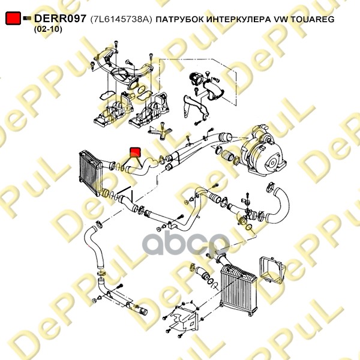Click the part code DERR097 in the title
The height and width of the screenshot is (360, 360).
pyautogui.click(x=60, y=19)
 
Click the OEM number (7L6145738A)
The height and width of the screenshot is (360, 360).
pyautogui.click(x=121, y=19)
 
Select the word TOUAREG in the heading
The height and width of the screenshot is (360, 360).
pyautogui.click(x=312, y=19)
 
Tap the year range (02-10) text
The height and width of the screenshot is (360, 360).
pyautogui.click(x=48, y=29)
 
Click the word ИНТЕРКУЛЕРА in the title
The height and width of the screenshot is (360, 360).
pyautogui.click(x=239, y=20)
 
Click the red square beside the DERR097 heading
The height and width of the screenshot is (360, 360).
pyautogui.click(x=13, y=18)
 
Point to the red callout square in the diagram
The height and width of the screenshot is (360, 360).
pyautogui.click(x=135, y=152)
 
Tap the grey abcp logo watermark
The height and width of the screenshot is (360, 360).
pyautogui.click(x=186, y=243)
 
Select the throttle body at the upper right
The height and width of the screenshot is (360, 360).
pyautogui.click(x=196, y=79)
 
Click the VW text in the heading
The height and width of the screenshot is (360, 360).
pyautogui.click(x=281, y=20)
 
